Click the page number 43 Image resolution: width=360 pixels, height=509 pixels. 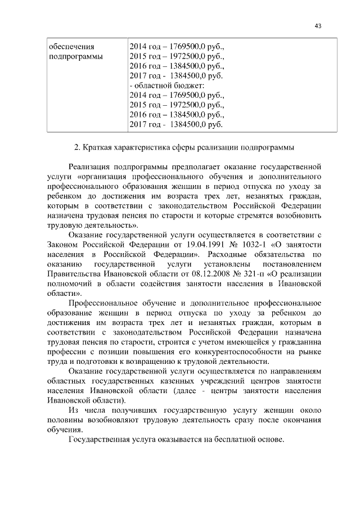point(318,26)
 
